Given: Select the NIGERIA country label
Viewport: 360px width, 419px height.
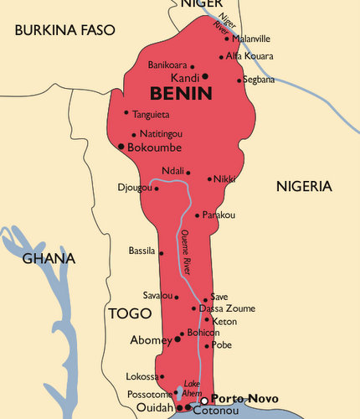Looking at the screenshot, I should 304,186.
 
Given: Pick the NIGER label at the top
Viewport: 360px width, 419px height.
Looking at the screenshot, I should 203,5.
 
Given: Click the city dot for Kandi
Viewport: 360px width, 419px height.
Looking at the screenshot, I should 204,76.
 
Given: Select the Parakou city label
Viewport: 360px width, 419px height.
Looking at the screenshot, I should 219,215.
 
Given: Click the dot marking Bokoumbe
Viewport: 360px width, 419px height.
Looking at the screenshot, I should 121,147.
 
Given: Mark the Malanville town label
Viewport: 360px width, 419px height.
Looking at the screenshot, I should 251,39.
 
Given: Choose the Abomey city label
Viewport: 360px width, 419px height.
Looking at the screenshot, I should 151,340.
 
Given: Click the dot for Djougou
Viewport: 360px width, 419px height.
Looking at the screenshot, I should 157,188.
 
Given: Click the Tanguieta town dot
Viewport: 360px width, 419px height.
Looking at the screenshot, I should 126,113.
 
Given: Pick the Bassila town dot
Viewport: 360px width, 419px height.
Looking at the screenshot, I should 161,252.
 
